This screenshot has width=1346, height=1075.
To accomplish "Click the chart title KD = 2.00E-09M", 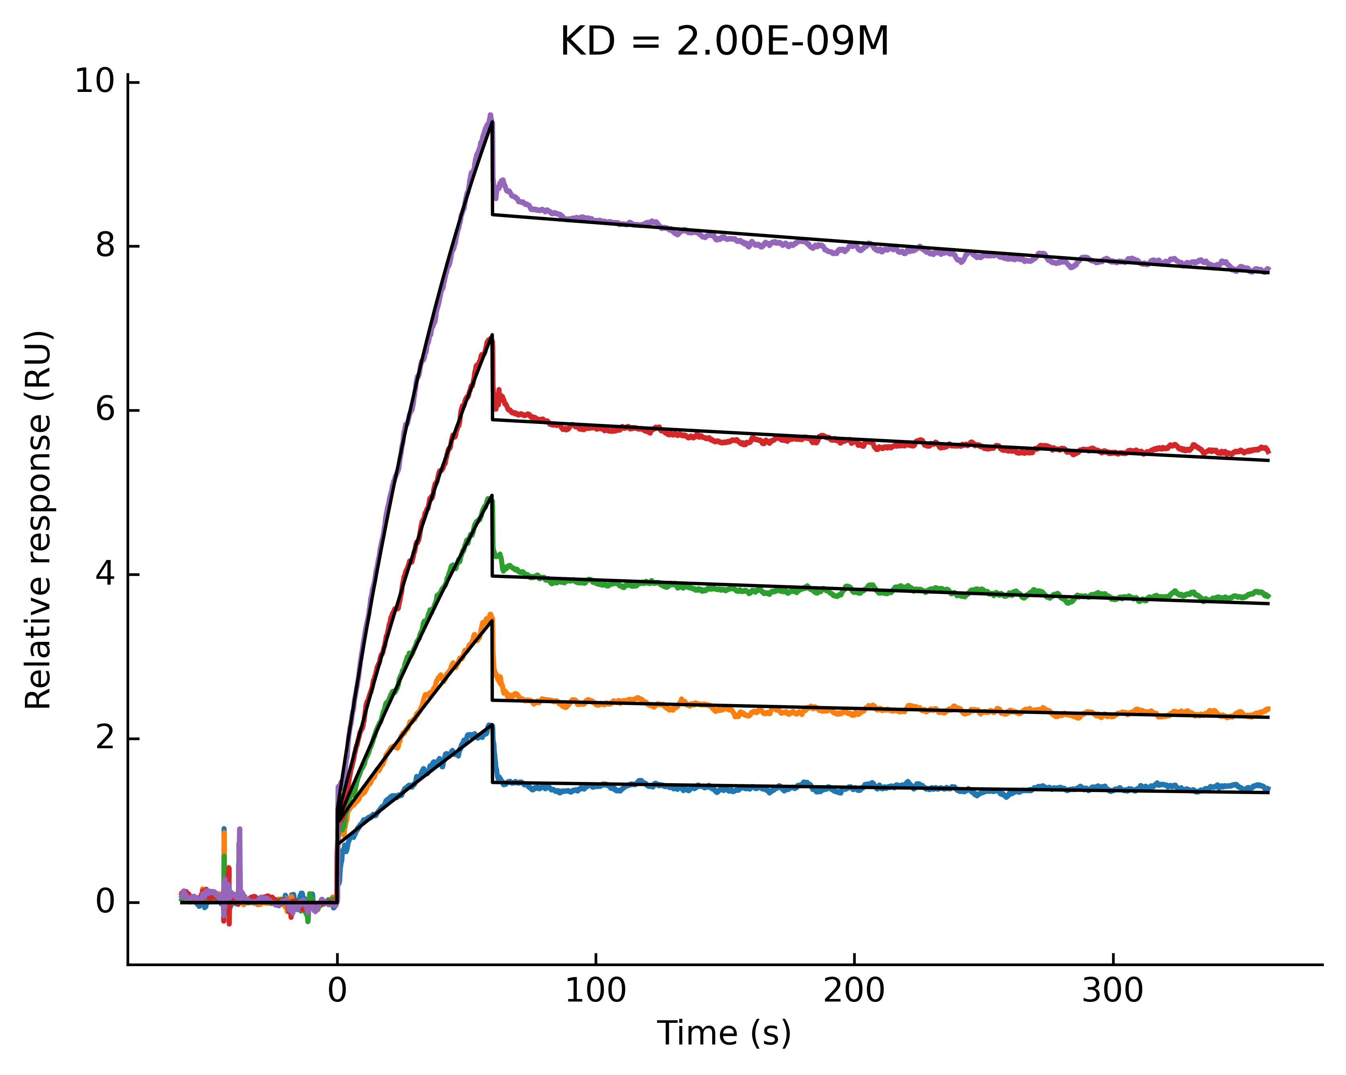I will (724, 43).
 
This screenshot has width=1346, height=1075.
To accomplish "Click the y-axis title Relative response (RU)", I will (39, 520).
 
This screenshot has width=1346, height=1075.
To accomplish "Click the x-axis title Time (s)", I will (724, 1033).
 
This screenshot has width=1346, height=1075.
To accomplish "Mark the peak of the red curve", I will (491, 338).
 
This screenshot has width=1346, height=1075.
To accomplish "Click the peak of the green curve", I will (491, 497).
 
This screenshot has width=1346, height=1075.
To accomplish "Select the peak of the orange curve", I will (491, 615).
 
